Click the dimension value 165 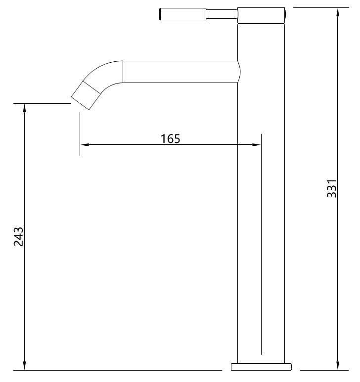pyautogui.click(x=170, y=138)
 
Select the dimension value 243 pyautogui.click(x=18, y=237)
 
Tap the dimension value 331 pyautogui.click(x=332, y=188)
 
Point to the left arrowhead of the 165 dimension pyautogui.click(x=84, y=145)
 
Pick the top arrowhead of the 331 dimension pyautogui.click(x=338, y=11)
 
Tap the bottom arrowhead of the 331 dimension pyautogui.click(x=338, y=366)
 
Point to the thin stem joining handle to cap pyautogui.click(x=221, y=14)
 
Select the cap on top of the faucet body pyautogui.click(x=261, y=15)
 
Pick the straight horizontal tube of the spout pyautogui.click(x=178, y=72)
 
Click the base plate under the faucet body pyautogui.click(x=262, y=367)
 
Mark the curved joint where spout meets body pyautogui.click(x=239, y=72)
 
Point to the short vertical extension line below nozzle pyautogui.click(x=80, y=133)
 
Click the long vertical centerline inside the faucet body pyautogui.click(x=261, y=247)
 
